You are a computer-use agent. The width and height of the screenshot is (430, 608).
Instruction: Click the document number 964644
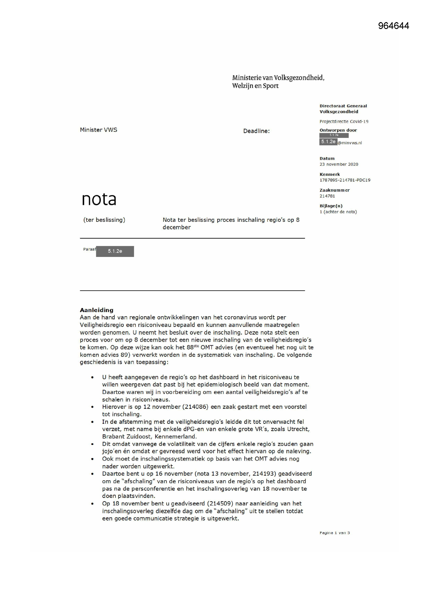393,26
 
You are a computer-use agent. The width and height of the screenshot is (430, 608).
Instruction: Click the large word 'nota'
99,199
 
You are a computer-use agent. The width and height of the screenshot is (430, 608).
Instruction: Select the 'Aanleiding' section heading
96,310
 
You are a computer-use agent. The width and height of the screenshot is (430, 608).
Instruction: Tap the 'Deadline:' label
256,131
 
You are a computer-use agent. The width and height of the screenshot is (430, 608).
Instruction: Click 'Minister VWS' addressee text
99,130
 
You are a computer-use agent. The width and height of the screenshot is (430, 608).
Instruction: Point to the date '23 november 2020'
339,164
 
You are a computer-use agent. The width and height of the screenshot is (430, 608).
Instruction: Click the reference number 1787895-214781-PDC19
345,180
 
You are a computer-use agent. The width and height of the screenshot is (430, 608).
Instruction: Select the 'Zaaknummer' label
334,190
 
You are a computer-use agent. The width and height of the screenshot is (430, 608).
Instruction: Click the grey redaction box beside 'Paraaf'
115,251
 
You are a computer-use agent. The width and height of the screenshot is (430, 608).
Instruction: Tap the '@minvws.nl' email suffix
350,143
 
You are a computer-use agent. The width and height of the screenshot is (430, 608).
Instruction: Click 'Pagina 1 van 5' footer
334,533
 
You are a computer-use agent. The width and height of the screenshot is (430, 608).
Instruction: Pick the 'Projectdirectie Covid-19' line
344,121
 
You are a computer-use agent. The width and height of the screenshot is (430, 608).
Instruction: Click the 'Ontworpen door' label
338,130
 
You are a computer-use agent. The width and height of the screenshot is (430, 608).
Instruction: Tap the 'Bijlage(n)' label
331,206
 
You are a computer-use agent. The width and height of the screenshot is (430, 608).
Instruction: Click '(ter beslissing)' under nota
104,220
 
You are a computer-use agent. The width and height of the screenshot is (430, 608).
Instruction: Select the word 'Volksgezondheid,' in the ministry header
299,78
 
